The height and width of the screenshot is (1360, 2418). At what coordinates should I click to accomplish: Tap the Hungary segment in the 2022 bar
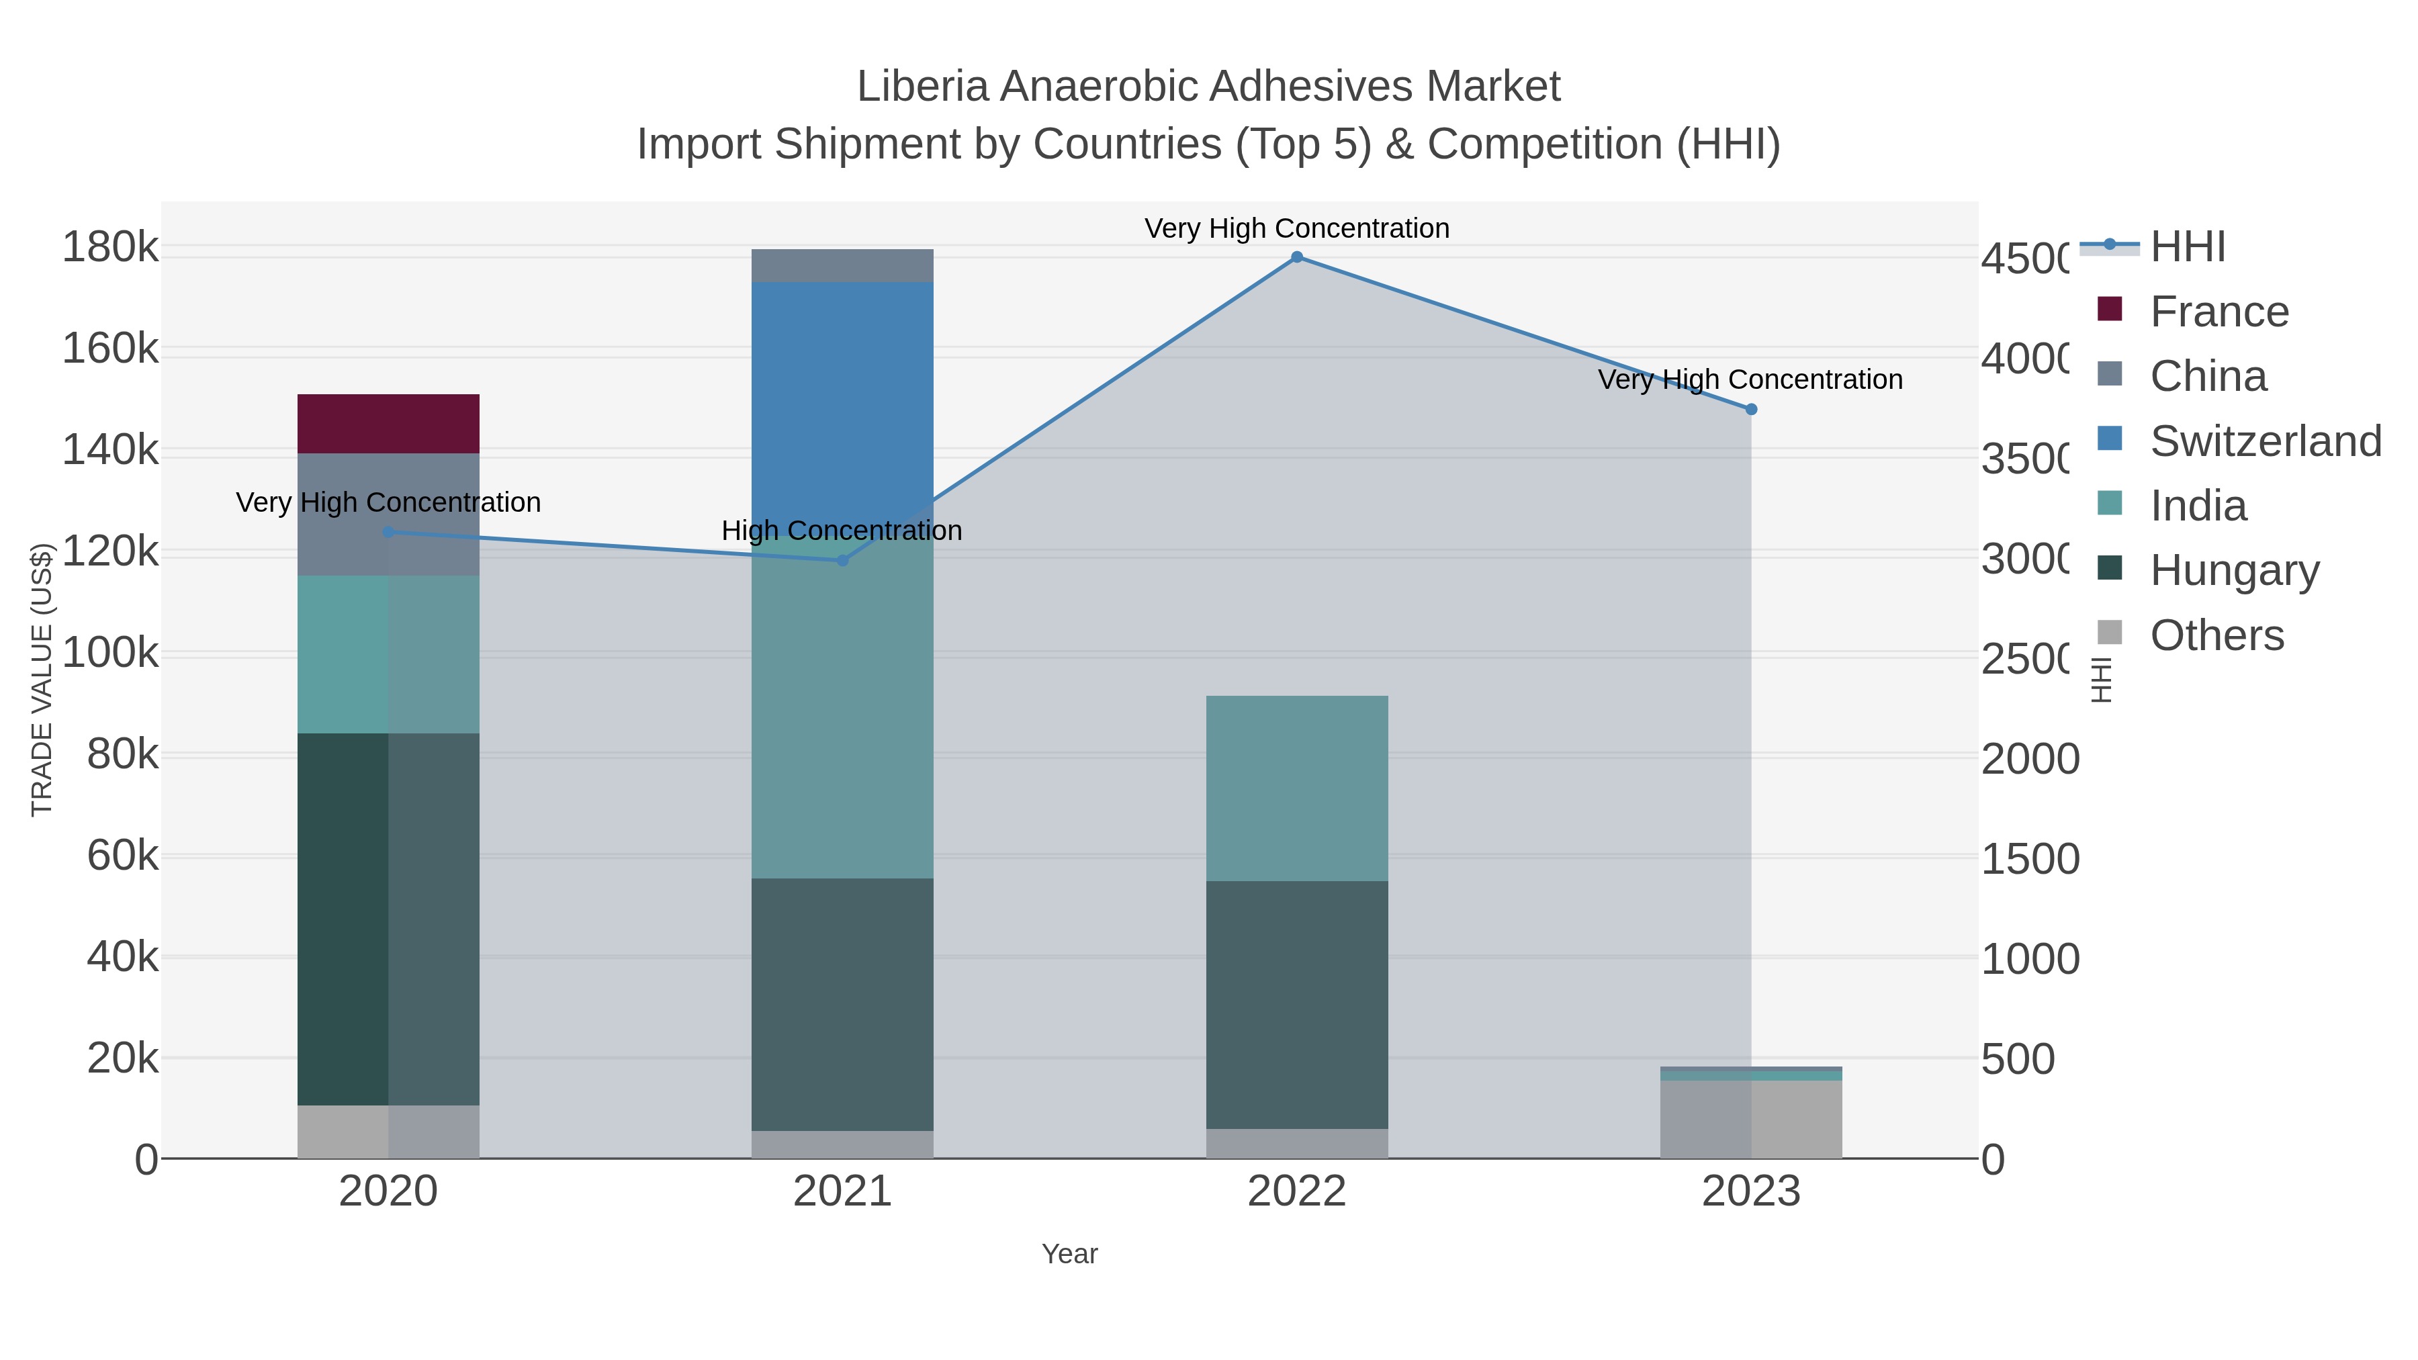1296,1004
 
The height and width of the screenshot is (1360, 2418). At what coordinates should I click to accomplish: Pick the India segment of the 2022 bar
1296,788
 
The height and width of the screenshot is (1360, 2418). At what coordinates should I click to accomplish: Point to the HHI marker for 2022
1296,257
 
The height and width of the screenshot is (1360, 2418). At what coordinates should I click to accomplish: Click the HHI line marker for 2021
842,560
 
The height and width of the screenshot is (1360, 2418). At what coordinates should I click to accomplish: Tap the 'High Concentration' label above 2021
842,531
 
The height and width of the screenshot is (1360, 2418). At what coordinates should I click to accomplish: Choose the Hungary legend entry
2234,571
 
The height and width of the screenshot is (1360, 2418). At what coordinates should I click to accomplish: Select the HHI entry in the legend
2187,247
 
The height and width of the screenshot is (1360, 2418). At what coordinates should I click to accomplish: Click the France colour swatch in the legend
2109,310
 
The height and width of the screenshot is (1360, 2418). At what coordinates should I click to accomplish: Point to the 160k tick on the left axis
110,349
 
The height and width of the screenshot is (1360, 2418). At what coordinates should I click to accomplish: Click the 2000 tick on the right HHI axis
2029,758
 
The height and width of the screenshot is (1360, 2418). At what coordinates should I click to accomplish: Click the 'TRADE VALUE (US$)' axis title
42,680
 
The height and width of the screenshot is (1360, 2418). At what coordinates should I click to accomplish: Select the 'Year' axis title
1069,1254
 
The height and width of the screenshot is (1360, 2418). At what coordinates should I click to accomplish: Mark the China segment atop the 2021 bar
842,265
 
